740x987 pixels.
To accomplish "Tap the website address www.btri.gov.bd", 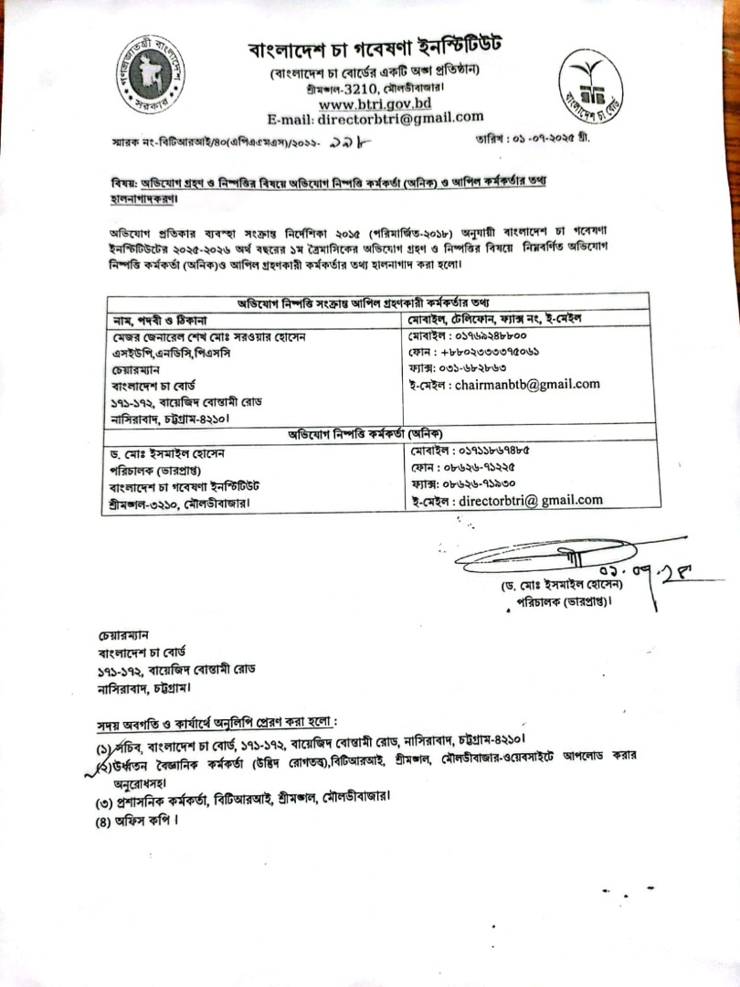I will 375,103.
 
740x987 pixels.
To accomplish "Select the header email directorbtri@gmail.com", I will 375,118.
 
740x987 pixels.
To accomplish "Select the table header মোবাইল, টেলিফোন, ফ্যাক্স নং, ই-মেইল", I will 497,319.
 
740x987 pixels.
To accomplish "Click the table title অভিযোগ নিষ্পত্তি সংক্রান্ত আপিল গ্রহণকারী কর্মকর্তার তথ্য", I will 376,302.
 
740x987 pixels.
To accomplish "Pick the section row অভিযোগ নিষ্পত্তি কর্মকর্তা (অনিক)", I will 376,433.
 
